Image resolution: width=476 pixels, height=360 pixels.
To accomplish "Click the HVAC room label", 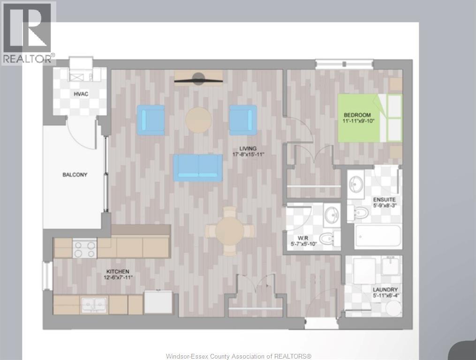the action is tap(81, 94).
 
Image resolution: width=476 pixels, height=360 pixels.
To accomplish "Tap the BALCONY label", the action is tap(75, 175).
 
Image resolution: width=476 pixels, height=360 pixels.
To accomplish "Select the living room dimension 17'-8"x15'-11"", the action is tap(249, 155).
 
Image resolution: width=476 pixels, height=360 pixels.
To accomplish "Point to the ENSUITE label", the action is tap(385, 200).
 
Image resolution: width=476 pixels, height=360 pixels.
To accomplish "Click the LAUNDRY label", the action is tap(385, 290).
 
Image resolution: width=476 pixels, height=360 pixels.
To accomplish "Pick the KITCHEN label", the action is tap(118, 272).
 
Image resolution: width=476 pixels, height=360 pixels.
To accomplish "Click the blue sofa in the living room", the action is tap(197, 167).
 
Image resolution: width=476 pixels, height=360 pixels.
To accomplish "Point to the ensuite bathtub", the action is tap(378, 236).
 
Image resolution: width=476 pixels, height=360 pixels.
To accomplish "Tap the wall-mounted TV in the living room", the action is tap(198, 79).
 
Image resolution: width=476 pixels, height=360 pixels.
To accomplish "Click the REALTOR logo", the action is tap(28, 33).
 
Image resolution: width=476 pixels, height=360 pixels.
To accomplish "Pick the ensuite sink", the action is tap(355, 184).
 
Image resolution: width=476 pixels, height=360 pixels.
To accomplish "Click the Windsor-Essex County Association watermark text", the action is tap(239, 356).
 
